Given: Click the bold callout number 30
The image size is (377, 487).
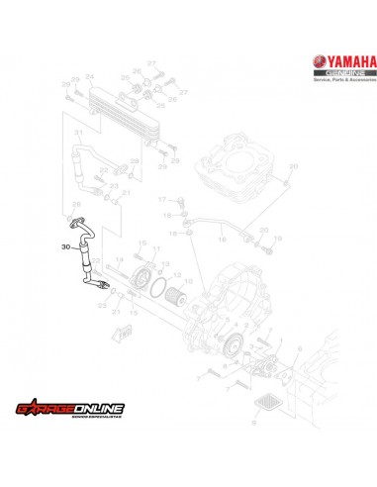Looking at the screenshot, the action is click(x=65, y=247).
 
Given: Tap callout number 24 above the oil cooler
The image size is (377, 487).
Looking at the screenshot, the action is click(x=90, y=77).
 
